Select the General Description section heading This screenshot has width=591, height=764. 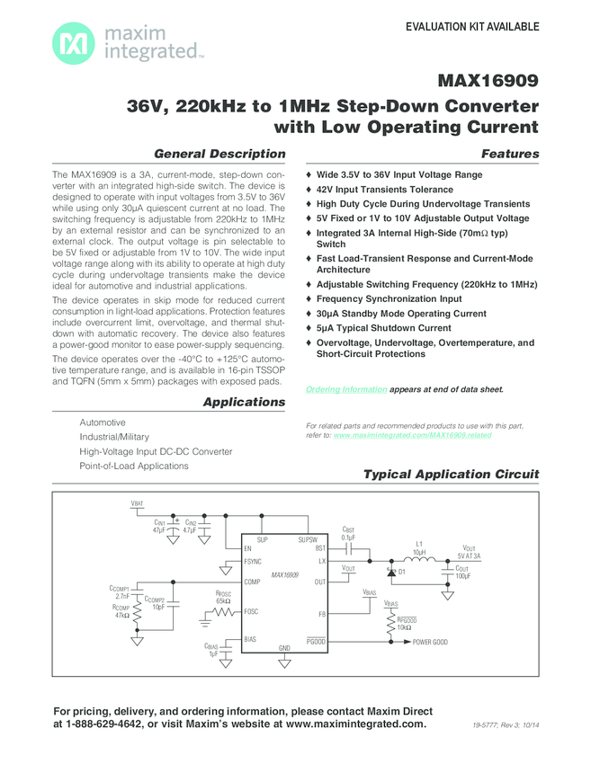point(220,154)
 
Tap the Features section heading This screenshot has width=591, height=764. point(510,154)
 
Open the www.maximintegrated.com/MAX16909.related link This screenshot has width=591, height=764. point(412,434)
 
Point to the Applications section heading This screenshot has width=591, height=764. point(244,402)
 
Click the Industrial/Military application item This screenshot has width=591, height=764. point(114,437)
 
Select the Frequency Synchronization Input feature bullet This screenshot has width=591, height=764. point(389,298)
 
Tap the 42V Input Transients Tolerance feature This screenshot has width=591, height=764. point(384,190)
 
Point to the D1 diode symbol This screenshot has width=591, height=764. point(392,570)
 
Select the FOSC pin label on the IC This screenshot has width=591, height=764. point(253,611)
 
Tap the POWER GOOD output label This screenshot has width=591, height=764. point(430,643)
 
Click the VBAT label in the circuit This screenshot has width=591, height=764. point(137,504)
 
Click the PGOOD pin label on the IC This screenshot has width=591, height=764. point(316,639)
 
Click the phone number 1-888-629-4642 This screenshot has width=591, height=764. point(97,724)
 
